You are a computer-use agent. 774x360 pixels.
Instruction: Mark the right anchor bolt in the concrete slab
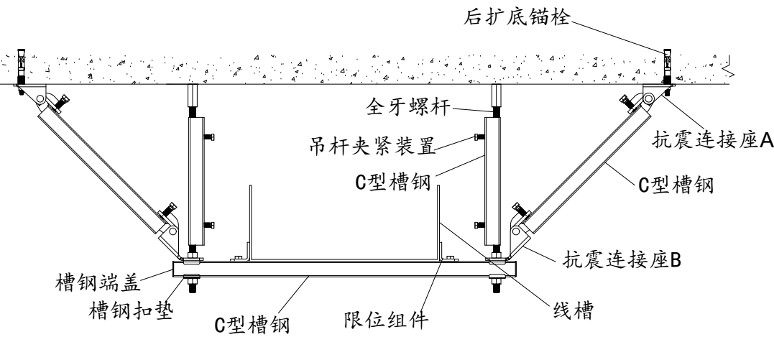pyautogui.click(x=667, y=65)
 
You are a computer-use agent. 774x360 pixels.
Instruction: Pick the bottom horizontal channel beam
pyautogui.click(x=345, y=268)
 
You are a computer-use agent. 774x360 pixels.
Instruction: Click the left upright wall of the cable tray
pyautogui.click(x=249, y=223)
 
